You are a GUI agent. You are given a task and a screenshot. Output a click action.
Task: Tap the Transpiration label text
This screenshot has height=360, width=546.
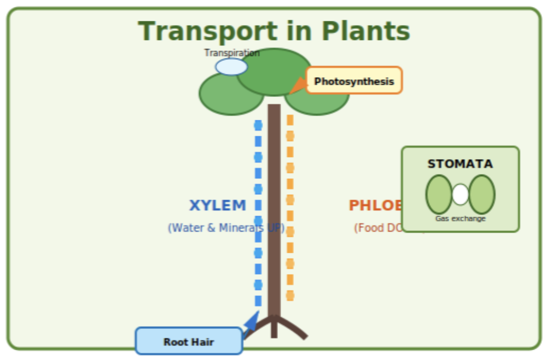click(232, 53)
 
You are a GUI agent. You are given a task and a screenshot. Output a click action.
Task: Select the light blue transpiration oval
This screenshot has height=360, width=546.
click(231, 67)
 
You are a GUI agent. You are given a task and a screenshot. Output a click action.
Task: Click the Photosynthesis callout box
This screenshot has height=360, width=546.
click(354, 81)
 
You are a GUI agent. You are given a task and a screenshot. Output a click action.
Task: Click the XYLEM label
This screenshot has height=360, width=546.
click(218, 206)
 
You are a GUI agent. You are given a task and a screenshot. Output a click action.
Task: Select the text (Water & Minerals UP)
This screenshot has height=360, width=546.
click(225, 228)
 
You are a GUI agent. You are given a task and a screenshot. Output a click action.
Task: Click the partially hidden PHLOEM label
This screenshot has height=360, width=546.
click(375, 206)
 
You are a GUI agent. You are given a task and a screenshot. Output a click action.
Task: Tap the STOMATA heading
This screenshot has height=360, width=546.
click(460, 164)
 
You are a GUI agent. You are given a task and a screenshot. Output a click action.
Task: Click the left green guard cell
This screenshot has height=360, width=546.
click(439, 194)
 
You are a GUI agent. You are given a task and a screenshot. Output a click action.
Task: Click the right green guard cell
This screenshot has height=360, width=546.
click(482, 194)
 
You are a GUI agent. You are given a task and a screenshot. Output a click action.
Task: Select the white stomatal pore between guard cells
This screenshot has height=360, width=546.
click(460, 194)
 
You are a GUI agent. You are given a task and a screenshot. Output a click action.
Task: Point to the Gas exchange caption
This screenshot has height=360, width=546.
click(460, 219)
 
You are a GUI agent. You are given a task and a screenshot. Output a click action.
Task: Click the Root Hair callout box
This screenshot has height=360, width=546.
click(189, 342)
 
